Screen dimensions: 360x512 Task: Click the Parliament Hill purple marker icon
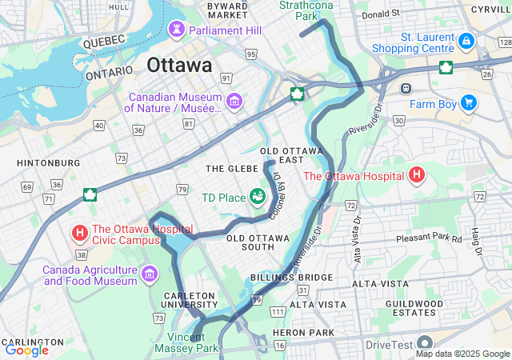click(x=176, y=30)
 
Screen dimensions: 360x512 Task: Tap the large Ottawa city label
click(x=179, y=64)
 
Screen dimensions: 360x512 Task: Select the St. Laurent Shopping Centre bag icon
click(x=466, y=41)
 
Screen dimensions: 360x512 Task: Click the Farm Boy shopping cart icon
click(x=468, y=102)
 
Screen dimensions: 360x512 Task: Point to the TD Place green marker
click(x=258, y=195)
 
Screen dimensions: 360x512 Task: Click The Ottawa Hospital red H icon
click(x=416, y=174)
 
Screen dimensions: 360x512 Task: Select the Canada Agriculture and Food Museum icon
click(x=148, y=275)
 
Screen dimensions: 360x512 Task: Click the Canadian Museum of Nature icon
click(x=234, y=101)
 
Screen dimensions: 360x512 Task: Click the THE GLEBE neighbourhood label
click(x=230, y=169)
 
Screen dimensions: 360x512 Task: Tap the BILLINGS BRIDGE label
click(x=280, y=277)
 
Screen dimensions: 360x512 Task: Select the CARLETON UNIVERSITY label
click(x=190, y=300)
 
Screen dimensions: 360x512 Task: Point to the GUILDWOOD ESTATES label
click(x=414, y=309)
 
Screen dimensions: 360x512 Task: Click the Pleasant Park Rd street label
click(x=429, y=239)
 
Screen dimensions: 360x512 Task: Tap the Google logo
click(x=26, y=350)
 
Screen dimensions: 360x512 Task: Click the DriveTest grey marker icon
click(x=424, y=344)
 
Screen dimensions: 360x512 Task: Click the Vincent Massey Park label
click(x=192, y=343)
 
